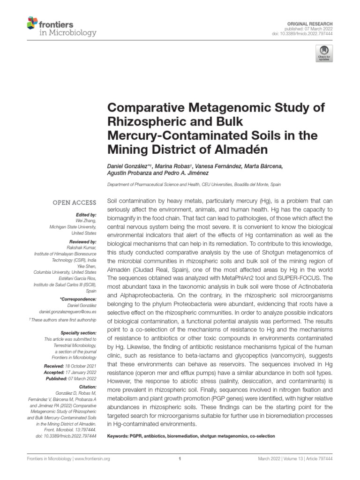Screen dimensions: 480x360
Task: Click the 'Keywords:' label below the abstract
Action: tap(119, 436)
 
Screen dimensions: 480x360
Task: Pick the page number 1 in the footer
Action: tap(180, 459)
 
